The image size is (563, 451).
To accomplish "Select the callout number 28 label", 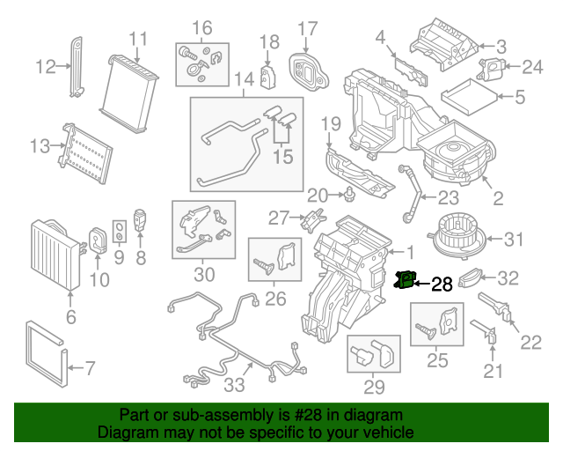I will [442, 284].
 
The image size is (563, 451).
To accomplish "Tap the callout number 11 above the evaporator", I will [138, 39].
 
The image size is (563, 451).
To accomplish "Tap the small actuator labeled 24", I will [492, 66].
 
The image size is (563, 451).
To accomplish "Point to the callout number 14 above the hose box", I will [244, 80].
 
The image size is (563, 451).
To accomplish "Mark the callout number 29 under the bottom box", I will [374, 387].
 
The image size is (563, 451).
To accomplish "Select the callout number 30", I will [204, 275].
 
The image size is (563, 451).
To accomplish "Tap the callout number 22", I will [530, 342].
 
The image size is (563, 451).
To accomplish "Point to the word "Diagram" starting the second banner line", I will [126, 433].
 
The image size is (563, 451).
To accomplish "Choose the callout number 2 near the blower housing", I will [498, 200].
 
